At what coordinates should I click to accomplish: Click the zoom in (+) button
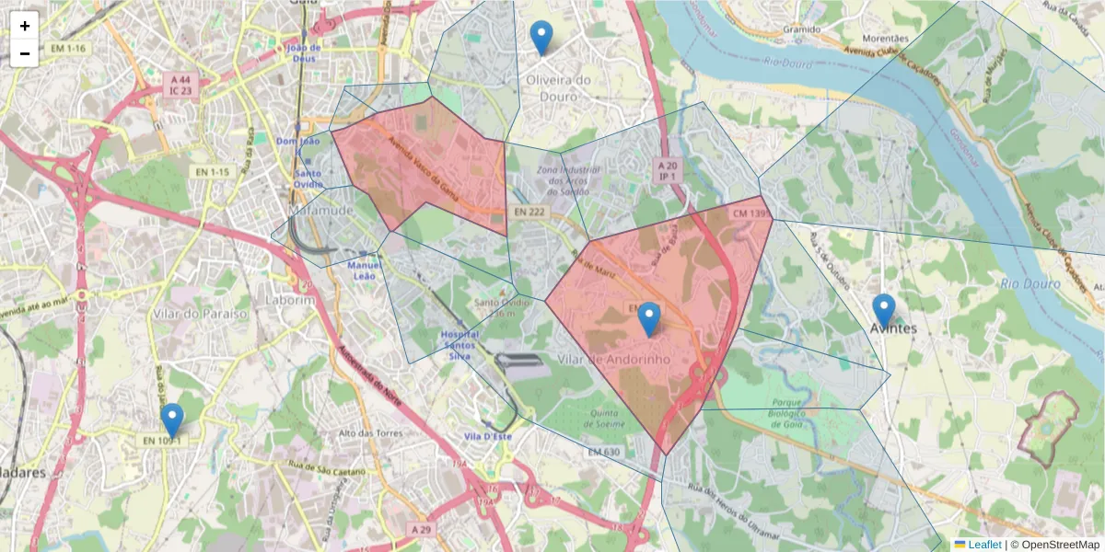pyautogui.click(x=25, y=26)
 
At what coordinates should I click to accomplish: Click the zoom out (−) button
pyautogui.click(x=25, y=53)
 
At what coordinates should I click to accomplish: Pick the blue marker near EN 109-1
pyautogui.click(x=171, y=420)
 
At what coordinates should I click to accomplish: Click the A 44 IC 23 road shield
pyautogui.click(x=180, y=86)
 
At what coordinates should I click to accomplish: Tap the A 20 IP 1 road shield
pyautogui.click(x=667, y=169)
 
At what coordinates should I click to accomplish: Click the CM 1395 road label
pyautogui.click(x=751, y=213)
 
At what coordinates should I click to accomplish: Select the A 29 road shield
pyautogui.click(x=421, y=529)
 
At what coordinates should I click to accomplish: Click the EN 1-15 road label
pyautogui.click(x=212, y=172)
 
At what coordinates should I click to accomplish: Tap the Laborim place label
pyautogui.click(x=290, y=300)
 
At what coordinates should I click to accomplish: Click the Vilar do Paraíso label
pyautogui.click(x=202, y=314)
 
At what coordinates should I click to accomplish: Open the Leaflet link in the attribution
pyautogui.click(x=984, y=544)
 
